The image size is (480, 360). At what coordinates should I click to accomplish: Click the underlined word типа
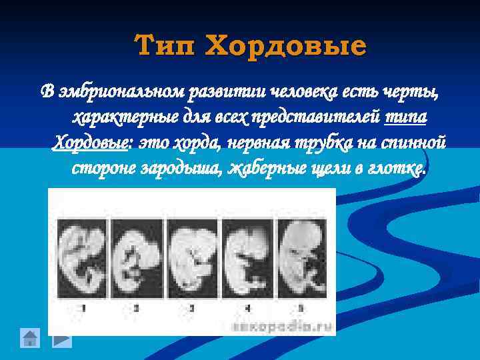(406, 117)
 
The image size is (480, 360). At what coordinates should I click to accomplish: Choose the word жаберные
(264, 169)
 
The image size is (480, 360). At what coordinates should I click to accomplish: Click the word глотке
(397, 169)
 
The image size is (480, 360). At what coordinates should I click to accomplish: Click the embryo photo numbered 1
(81, 256)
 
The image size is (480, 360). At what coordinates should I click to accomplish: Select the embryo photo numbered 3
(192, 256)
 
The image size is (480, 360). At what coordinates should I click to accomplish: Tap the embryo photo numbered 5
(301, 256)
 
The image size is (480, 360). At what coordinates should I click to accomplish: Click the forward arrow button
(61, 338)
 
